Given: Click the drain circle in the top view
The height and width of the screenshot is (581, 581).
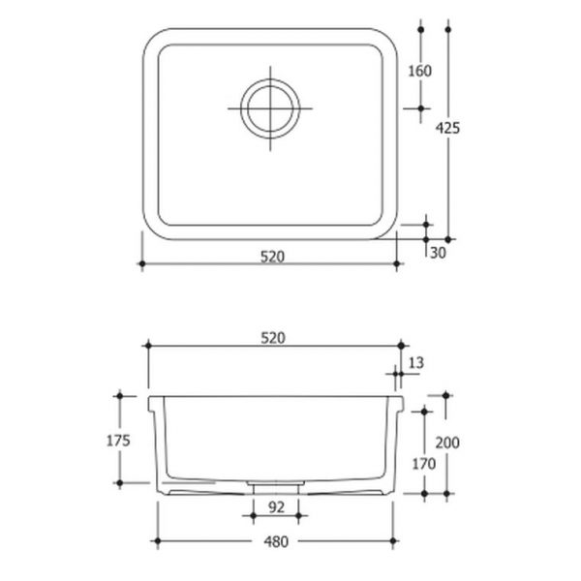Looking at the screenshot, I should click(x=267, y=107).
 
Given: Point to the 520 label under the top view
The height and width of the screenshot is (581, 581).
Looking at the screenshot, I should click(x=270, y=258).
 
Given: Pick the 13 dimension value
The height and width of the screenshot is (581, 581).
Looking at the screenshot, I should click(x=416, y=362).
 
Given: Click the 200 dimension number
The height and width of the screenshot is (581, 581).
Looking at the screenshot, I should click(x=446, y=443).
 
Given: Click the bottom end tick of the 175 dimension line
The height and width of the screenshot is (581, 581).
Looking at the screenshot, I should click(x=119, y=481).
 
